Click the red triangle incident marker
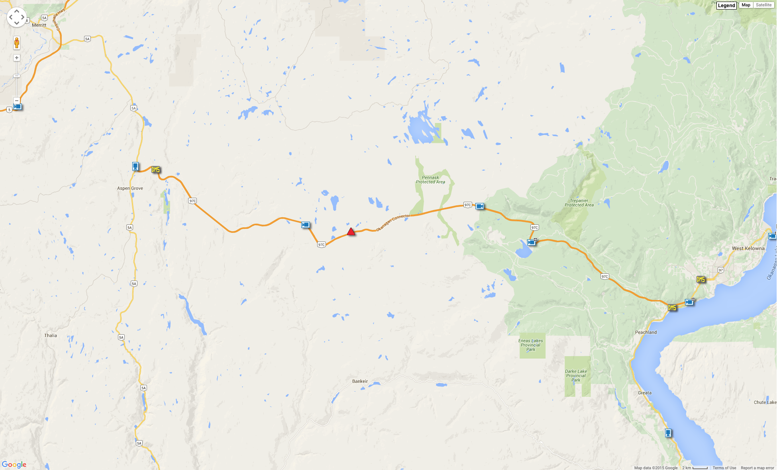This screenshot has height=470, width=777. (x=351, y=232)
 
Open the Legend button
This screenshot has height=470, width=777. (x=726, y=5)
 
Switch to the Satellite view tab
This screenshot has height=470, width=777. (x=763, y=5)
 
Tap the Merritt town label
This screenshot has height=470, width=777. (x=39, y=25)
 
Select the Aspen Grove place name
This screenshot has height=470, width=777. (x=130, y=188)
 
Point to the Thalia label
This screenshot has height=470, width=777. (x=51, y=335)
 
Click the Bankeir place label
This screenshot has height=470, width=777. (x=360, y=381)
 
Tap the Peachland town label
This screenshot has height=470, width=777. (x=646, y=332)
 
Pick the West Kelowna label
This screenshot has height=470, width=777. (x=748, y=248)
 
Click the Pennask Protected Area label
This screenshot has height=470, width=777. (x=430, y=180)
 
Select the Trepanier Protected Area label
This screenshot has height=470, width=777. (x=579, y=203)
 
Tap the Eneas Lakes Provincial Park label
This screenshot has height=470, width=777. (x=531, y=345)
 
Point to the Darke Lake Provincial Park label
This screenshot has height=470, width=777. (x=576, y=376)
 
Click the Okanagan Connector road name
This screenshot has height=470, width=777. (x=393, y=222)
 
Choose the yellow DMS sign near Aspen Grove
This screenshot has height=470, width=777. (x=155, y=170)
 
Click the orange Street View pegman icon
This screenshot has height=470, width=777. (x=17, y=43)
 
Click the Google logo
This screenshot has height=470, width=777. (x=14, y=464)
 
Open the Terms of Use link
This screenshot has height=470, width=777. (x=724, y=468)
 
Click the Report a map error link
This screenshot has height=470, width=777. (x=757, y=468)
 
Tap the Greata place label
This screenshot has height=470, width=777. (x=644, y=393)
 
